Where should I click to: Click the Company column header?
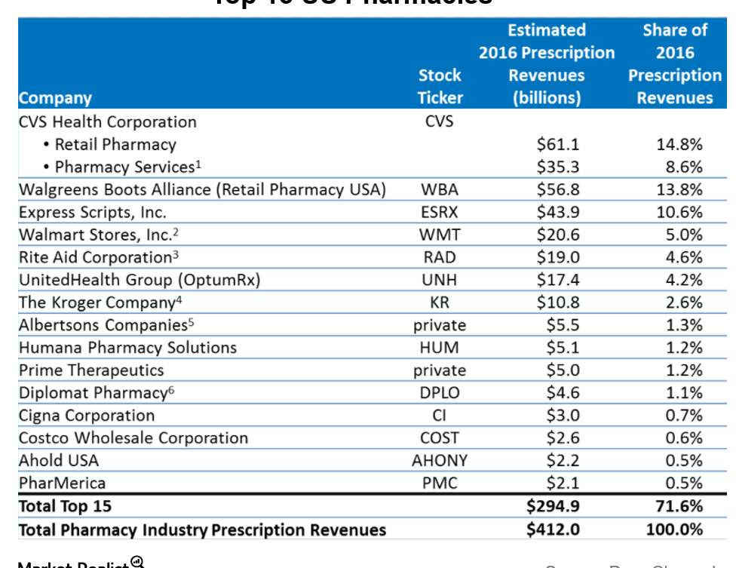point(55,98)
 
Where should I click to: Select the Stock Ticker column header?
point(440,86)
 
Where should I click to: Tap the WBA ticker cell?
point(440,189)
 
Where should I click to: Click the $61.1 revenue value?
point(558,144)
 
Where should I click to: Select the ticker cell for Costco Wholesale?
point(440,438)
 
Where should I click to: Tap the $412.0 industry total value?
point(553,530)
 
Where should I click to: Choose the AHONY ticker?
point(440,460)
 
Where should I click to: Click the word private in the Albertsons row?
point(440,325)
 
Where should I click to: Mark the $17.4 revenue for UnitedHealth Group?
point(558,280)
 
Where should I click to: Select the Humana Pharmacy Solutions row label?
point(127,348)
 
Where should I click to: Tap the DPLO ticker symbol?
point(440,393)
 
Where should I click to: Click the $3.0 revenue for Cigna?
point(561,416)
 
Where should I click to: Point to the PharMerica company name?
point(62,483)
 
